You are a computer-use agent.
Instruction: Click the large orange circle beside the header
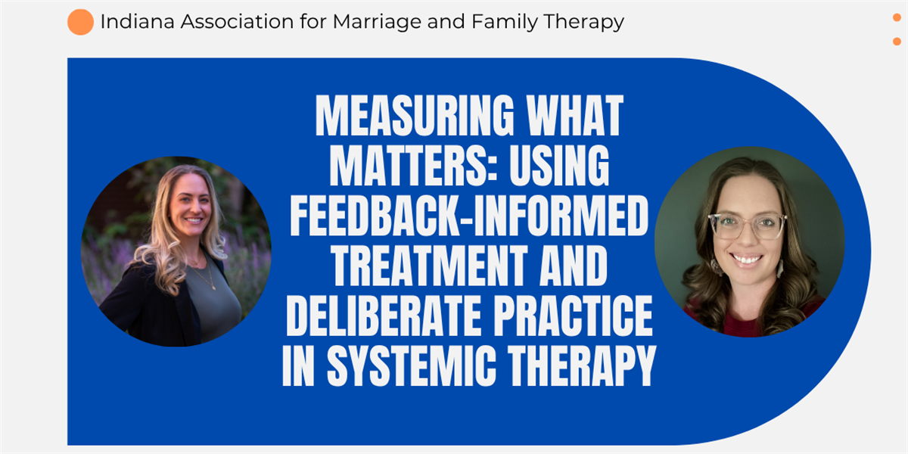(80, 22)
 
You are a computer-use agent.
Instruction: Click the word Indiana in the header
(138, 21)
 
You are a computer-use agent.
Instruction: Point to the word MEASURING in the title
(415, 116)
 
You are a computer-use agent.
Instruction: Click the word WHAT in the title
(574, 116)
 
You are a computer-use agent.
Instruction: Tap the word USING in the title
(559, 166)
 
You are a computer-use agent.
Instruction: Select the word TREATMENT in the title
(429, 265)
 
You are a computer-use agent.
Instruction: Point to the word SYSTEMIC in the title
(412, 365)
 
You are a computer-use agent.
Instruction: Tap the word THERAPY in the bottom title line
(582, 365)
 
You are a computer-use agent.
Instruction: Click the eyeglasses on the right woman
(747, 226)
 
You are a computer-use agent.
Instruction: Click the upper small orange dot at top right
(897, 17)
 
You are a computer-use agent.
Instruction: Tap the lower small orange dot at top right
(897, 42)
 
